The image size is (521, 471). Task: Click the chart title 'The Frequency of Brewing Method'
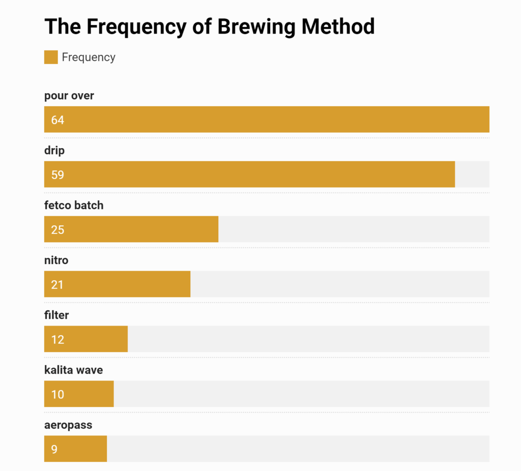(209, 26)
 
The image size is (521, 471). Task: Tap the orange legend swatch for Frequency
(51, 57)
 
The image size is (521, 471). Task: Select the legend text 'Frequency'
(89, 57)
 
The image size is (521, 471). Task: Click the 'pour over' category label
(69, 96)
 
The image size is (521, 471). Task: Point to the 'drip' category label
(54, 151)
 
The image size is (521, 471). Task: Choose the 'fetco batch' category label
(74, 205)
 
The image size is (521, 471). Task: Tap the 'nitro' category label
(56, 260)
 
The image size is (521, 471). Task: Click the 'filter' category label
(56, 315)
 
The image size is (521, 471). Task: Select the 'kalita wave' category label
(73, 370)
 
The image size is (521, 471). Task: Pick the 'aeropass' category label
(68, 425)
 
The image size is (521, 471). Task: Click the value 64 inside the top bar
(57, 120)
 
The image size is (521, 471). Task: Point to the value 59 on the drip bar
(57, 175)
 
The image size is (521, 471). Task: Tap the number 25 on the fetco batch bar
(57, 230)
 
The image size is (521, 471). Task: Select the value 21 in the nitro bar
(57, 285)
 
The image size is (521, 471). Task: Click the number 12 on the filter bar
(57, 340)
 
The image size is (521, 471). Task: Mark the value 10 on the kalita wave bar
(57, 394)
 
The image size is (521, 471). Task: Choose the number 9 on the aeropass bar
(54, 449)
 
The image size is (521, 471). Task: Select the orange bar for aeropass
(81, 449)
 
